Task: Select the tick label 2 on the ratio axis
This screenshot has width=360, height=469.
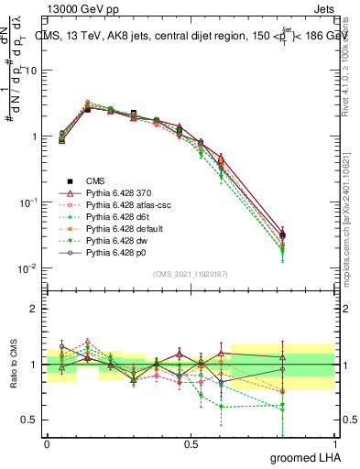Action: (x=35, y=310)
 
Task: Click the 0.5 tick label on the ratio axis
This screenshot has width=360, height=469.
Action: (x=30, y=420)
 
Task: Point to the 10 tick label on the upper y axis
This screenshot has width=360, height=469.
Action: (x=30, y=71)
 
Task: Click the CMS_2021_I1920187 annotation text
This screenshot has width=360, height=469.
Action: (x=191, y=274)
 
